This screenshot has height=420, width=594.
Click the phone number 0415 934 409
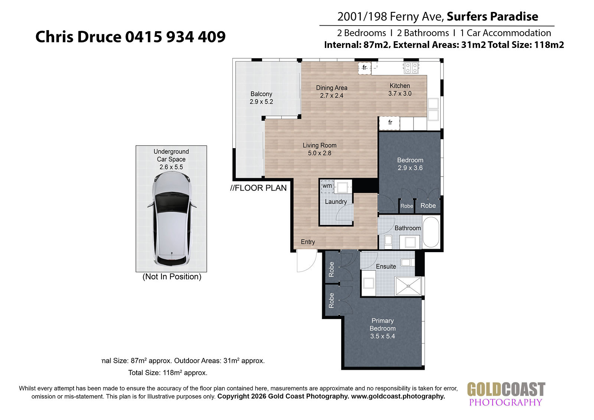pyautogui.click(x=175, y=37)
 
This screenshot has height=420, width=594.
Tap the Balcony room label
pyautogui.click(x=261, y=94)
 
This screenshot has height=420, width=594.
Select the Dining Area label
pyautogui.click(x=332, y=88)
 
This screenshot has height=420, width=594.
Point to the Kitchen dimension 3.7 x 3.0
pyautogui.click(x=400, y=93)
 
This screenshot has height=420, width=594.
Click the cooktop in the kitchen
pyautogui.click(x=411, y=68)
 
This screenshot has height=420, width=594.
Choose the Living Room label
pyautogui.click(x=320, y=146)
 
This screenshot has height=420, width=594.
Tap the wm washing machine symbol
pyautogui.click(x=327, y=186)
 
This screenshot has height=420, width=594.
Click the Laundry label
pyautogui.click(x=336, y=202)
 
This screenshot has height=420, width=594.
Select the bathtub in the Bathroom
pyautogui.click(x=431, y=232)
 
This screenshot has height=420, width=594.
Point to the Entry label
pyautogui.click(x=308, y=242)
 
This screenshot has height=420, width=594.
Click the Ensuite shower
pyautogui.click(x=408, y=286)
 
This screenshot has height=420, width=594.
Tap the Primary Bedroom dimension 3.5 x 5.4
pyautogui.click(x=382, y=336)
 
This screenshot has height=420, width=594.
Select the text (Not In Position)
pyautogui.click(x=172, y=277)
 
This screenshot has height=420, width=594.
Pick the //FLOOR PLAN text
pyautogui.click(x=258, y=188)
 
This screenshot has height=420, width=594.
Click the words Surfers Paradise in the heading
pyautogui.click(x=492, y=16)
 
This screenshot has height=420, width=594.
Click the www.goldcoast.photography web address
pyautogui.click(x=398, y=396)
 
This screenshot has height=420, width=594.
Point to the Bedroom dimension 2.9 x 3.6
pyautogui.click(x=410, y=168)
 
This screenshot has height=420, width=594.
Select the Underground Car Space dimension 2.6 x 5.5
pyautogui.click(x=171, y=167)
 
